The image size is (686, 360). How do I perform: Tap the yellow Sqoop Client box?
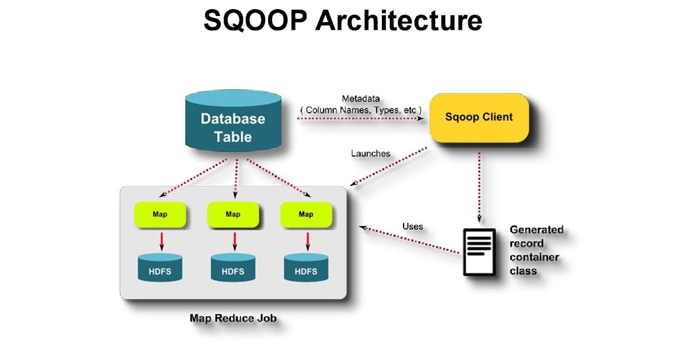tap(478, 117)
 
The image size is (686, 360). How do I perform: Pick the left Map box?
tap(160, 214)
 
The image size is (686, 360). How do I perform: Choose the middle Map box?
tap(233, 214)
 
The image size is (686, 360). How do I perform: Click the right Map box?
tap(305, 214)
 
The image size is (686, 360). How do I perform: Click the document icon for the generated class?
tap(478, 251)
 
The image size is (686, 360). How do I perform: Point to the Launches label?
tap(370, 153)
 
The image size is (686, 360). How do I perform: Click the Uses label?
tap(412, 226)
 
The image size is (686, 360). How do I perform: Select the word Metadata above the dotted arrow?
tap(361, 98)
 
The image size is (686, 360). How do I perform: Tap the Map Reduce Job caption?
tap(233, 318)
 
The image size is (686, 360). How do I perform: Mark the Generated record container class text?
tap(536, 250)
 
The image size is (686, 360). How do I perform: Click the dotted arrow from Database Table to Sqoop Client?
tap(360, 118)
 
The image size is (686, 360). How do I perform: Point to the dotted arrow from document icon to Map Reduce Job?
tap(412, 239)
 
